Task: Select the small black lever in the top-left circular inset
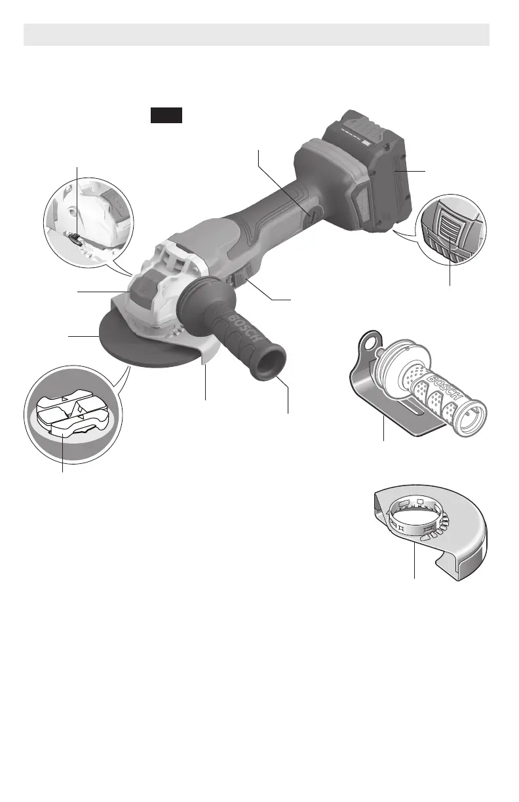[77, 242]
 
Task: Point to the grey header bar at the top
[257, 34]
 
